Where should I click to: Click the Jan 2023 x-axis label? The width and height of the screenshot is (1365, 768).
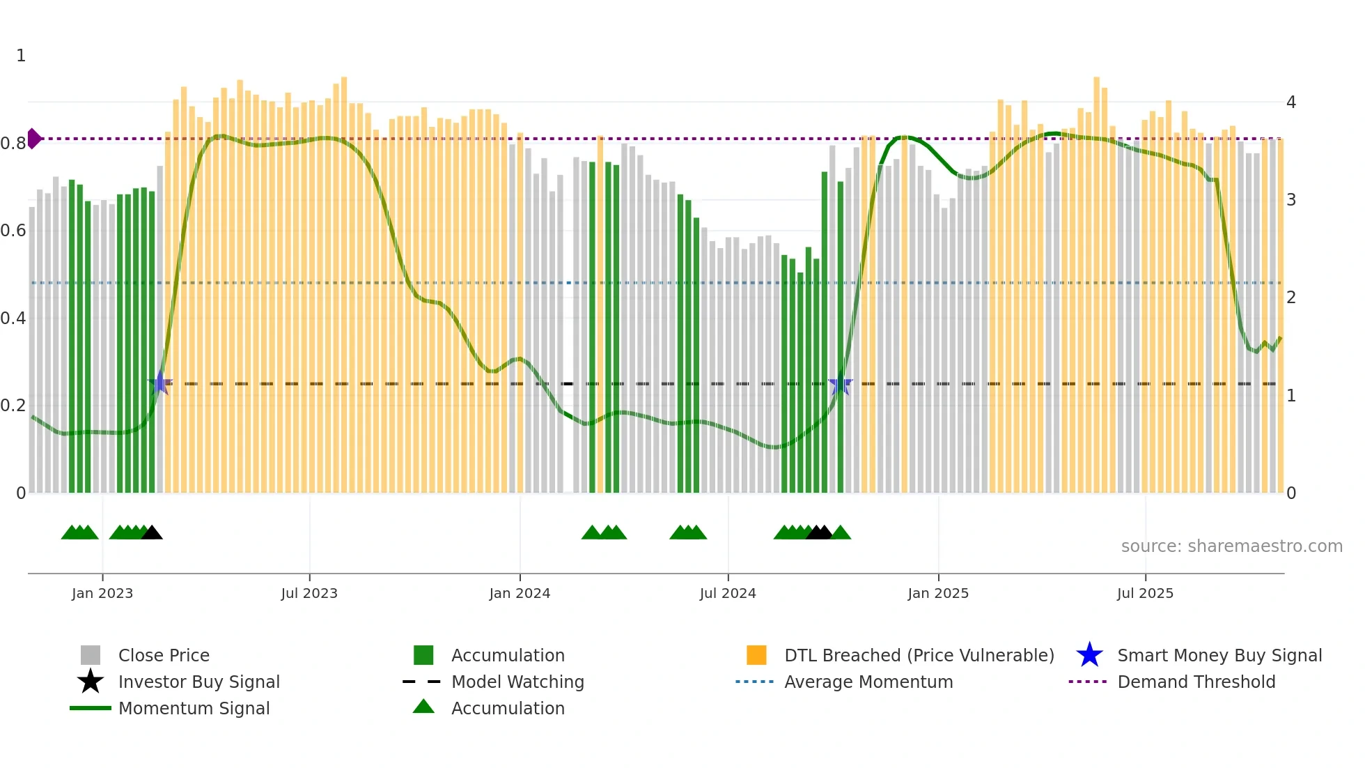(102, 593)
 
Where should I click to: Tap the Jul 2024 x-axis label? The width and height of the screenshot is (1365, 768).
(727, 593)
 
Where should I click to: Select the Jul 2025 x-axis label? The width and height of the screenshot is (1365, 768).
(1145, 593)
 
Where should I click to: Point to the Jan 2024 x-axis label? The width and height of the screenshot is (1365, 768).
(520, 593)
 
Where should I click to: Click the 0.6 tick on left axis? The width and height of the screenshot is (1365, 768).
(13, 231)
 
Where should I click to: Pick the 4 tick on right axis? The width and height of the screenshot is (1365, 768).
(1291, 102)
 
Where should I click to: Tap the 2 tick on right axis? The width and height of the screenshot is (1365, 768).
(1291, 298)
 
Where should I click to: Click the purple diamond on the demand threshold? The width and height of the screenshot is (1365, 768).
(33, 139)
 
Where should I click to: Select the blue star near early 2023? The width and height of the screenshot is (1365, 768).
(160, 383)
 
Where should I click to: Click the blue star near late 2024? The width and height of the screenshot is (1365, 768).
(841, 383)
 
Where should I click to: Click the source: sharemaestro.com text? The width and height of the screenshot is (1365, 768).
(1231, 546)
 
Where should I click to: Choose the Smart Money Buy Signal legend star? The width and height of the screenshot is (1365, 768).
(1089, 655)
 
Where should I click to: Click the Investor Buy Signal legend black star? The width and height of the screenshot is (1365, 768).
(91, 682)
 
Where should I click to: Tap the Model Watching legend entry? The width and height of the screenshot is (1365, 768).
(517, 682)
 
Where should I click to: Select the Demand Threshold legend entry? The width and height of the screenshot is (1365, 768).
(1196, 682)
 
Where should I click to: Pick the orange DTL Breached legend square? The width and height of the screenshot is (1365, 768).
(756, 655)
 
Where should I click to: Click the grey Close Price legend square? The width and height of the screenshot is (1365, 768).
(91, 655)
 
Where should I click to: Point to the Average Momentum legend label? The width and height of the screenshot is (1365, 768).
(868, 682)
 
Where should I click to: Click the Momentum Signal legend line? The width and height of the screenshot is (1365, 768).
(91, 708)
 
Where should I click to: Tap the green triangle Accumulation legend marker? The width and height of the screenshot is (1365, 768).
(423, 707)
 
